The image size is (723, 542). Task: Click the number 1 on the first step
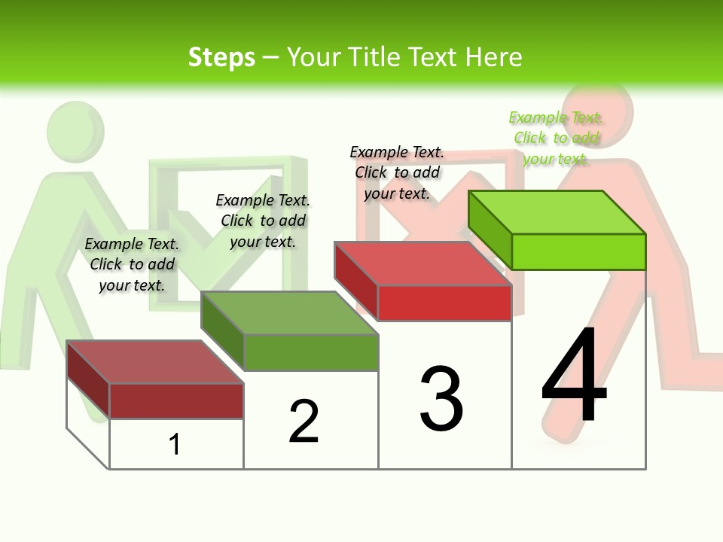(x=175, y=444)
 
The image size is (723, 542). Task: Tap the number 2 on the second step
(x=304, y=422)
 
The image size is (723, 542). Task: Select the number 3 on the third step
(x=441, y=399)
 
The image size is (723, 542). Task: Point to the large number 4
(x=575, y=376)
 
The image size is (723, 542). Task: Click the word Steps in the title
(x=221, y=57)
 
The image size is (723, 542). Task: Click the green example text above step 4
(x=556, y=139)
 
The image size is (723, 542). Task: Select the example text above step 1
(x=132, y=264)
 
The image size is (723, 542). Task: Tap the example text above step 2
(x=263, y=221)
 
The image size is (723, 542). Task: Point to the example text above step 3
(x=397, y=172)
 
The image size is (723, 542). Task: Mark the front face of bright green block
(x=578, y=251)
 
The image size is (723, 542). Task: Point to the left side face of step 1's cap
(x=88, y=379)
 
